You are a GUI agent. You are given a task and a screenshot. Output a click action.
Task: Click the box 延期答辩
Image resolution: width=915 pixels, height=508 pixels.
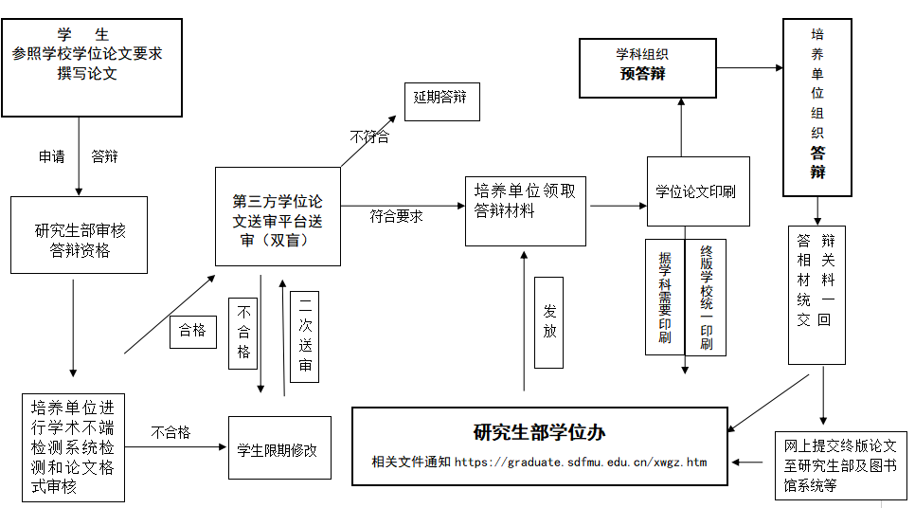[x=441, y=100]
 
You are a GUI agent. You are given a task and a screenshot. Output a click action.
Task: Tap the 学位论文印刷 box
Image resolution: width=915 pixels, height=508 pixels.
[x=697, y=191]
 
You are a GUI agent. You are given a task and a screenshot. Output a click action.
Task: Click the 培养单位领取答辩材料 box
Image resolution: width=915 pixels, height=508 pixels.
[x=525, y=210]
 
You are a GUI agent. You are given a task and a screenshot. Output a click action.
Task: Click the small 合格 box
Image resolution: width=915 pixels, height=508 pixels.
[x=193, y=332]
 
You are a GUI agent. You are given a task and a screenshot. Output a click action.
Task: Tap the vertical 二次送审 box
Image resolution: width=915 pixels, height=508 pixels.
[x=305, y=336]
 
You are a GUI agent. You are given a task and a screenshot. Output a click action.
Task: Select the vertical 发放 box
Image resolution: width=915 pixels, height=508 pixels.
[x=548, y=322]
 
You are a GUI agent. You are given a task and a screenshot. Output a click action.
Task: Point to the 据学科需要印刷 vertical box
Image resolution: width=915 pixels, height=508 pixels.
[x=664, y=297]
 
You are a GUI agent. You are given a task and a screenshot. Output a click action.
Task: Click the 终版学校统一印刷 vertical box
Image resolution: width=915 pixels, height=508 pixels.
[x=706, y=297]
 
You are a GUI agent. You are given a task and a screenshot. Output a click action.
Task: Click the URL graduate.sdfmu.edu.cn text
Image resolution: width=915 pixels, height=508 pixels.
[x=581, y=463]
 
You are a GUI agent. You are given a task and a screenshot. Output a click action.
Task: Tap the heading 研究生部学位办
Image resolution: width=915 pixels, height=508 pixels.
[x=539, y=432]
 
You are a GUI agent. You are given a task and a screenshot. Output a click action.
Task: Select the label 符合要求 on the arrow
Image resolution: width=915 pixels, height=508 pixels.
[x=396, y=216]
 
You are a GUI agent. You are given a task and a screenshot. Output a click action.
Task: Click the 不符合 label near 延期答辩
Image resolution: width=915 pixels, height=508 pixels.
[x=368, y=137]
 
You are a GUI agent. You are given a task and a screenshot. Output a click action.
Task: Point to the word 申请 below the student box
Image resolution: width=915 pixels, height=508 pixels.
[x=52, y=157]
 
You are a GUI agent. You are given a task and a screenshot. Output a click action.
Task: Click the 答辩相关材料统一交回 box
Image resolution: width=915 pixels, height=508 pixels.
[x=816, y=294]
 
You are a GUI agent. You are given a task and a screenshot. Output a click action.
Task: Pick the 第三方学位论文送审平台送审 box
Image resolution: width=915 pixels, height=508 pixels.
[x=278, y=223]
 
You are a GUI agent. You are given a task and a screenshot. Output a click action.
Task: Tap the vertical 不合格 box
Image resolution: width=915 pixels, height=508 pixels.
[x=243, y=333]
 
